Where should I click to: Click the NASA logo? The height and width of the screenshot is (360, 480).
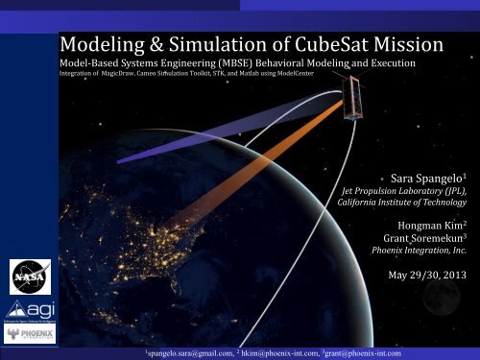pyautogui.click(x=24, y=272)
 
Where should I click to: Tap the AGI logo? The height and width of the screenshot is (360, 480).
pyautogui.click(x=24, y=309)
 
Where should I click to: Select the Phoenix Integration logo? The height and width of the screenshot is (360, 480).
pyautogui.click(x=24, y=338)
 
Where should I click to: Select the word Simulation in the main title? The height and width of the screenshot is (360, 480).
pyautogui.click(x=194, y=44)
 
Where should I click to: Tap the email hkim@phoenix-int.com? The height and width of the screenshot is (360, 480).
pyautogui.click(x=285, y=352)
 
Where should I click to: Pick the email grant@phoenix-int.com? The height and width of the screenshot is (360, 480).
pyautogui.click(x=376, y=352)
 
